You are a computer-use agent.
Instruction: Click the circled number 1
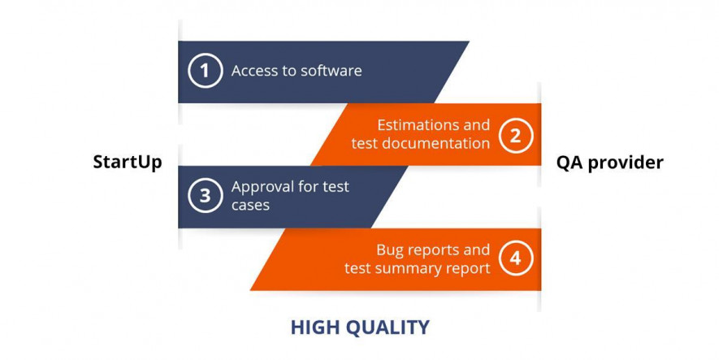click(205, 71)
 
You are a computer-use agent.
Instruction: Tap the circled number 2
click(516, 135)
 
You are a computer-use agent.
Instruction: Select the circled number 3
click(205, 195)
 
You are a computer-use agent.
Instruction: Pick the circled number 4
click(516, 258)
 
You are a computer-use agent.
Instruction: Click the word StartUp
click(128, 163)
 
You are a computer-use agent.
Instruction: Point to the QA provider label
click(610, 163)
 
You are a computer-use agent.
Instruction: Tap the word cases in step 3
click(250, 205)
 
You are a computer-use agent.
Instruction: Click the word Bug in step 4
click(388, 250)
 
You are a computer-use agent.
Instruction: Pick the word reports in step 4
click(427, 251)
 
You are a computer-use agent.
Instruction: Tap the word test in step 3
click(336, 187)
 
